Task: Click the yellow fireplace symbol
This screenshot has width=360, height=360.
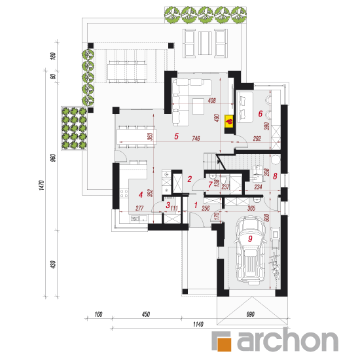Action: click(x=229, y=121)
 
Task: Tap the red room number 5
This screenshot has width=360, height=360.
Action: click(x=176, y=136)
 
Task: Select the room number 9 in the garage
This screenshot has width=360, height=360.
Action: click(x=250, y=239)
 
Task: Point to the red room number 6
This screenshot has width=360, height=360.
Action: click(x=260, y=113)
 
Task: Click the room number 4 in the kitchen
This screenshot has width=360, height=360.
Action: click(x=141, y=195)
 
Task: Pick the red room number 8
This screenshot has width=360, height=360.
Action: click(x=275, y=176)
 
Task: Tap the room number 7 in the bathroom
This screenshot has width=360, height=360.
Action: click(x=210, y=185)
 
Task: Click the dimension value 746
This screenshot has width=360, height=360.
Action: click(x=196, y=138)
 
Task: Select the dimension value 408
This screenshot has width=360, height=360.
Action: click(x=211, y=100)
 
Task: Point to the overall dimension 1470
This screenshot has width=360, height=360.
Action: click(x=41, y=185)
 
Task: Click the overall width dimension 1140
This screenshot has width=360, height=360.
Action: click(x=198, y=324)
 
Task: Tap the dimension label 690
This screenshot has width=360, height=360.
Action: click(x=250, y=314)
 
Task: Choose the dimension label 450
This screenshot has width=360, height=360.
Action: click(x=146, y=314)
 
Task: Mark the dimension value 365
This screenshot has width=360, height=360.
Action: click(x=251, y=208)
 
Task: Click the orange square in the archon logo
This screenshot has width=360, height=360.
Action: click(x=225, y=344)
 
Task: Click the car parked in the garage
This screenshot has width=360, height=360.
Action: click(x=250, y=250)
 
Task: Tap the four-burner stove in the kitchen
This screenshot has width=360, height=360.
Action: click(x=124, y=193)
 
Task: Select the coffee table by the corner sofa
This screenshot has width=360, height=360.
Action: click(x=198, y=106)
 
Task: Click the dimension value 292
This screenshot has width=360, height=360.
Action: click(x=257, y=138)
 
